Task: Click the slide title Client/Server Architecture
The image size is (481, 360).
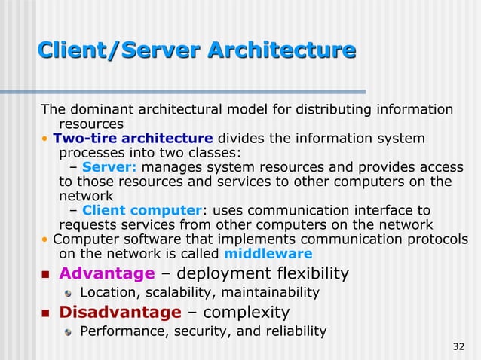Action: (196, 50)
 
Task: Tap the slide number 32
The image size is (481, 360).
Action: (458, 346)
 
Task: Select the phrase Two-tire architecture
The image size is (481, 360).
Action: (133, 139)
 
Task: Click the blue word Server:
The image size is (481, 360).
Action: (109, 167)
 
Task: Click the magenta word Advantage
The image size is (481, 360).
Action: (106, 273)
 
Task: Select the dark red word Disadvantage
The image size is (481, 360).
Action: (121, 312)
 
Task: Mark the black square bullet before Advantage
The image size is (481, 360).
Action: (44, 273)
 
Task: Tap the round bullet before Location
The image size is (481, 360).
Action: (68, 293)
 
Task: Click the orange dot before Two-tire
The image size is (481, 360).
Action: (45, 139)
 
